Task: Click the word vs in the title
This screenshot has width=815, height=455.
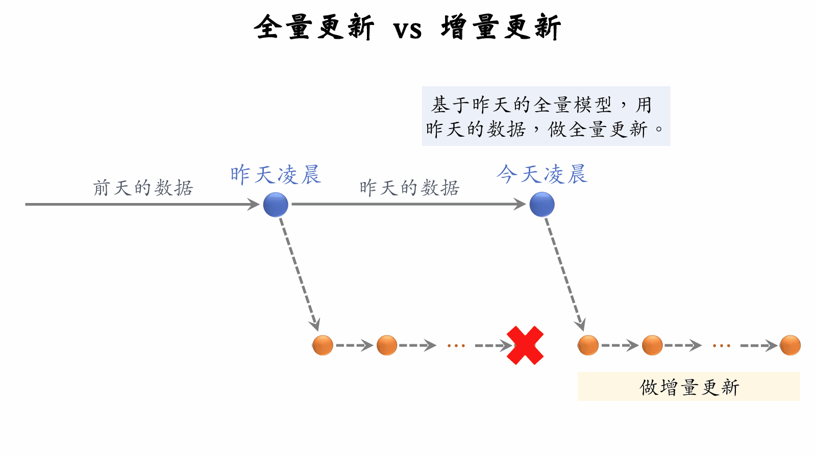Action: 407,29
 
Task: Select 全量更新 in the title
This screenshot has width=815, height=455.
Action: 314,27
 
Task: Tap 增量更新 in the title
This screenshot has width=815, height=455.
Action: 501,27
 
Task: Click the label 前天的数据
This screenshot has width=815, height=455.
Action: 143,188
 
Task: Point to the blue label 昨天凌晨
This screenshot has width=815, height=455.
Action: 275,174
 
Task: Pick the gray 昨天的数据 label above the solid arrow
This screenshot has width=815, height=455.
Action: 409,188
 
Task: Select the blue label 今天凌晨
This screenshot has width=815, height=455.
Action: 542,174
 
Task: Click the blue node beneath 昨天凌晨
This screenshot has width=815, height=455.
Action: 276,205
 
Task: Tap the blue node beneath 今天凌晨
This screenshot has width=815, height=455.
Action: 542,205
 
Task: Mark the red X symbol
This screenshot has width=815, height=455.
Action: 525,345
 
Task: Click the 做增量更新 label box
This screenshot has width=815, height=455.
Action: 688,387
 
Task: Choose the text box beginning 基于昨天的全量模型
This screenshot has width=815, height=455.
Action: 546,116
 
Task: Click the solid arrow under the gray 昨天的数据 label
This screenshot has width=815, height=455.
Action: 408,205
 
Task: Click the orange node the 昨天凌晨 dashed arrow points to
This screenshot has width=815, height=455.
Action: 323,345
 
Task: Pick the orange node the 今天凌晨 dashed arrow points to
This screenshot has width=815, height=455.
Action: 588,345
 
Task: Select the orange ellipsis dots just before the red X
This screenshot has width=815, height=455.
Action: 456,346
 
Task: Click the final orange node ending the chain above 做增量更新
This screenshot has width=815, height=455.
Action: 790,345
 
